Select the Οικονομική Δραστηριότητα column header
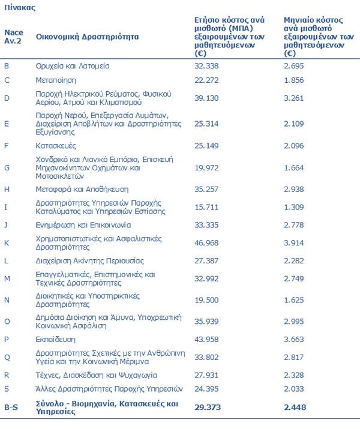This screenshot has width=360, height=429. (x=87, y=37)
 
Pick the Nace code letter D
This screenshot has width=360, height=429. (x=7, y=98)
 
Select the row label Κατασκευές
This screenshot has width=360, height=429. (x=56, y=145)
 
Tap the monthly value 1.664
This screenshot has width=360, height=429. (x=295, y=168)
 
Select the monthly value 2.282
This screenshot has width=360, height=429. (x=295, y=261)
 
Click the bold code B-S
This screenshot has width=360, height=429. (x=11, y=407)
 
